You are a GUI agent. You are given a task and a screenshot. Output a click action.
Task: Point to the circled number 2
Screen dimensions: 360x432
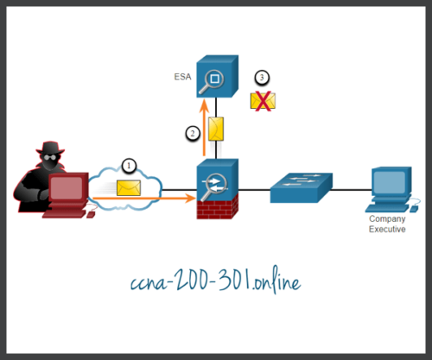(194, 133)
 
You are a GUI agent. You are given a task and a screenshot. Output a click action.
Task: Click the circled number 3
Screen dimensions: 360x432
(262, 79)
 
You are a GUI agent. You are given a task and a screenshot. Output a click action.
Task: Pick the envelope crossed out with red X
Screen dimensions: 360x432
(263, 101)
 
